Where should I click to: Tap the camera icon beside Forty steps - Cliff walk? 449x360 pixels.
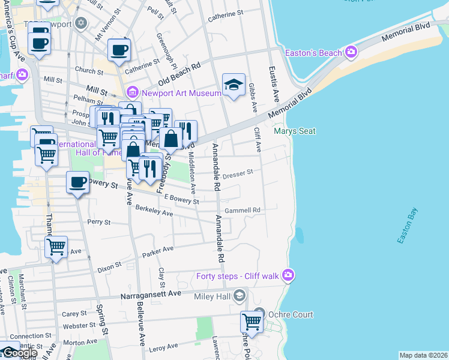[x=289, y=275]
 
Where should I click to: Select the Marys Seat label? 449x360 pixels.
[x=286, y=131]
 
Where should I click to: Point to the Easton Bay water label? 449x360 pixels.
[x=406, y=226]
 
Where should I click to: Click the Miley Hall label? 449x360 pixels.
[x=213, y=296]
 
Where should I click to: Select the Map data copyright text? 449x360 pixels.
[x=423, y=355]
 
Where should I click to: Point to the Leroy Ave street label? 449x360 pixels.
[x=164, y=348]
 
